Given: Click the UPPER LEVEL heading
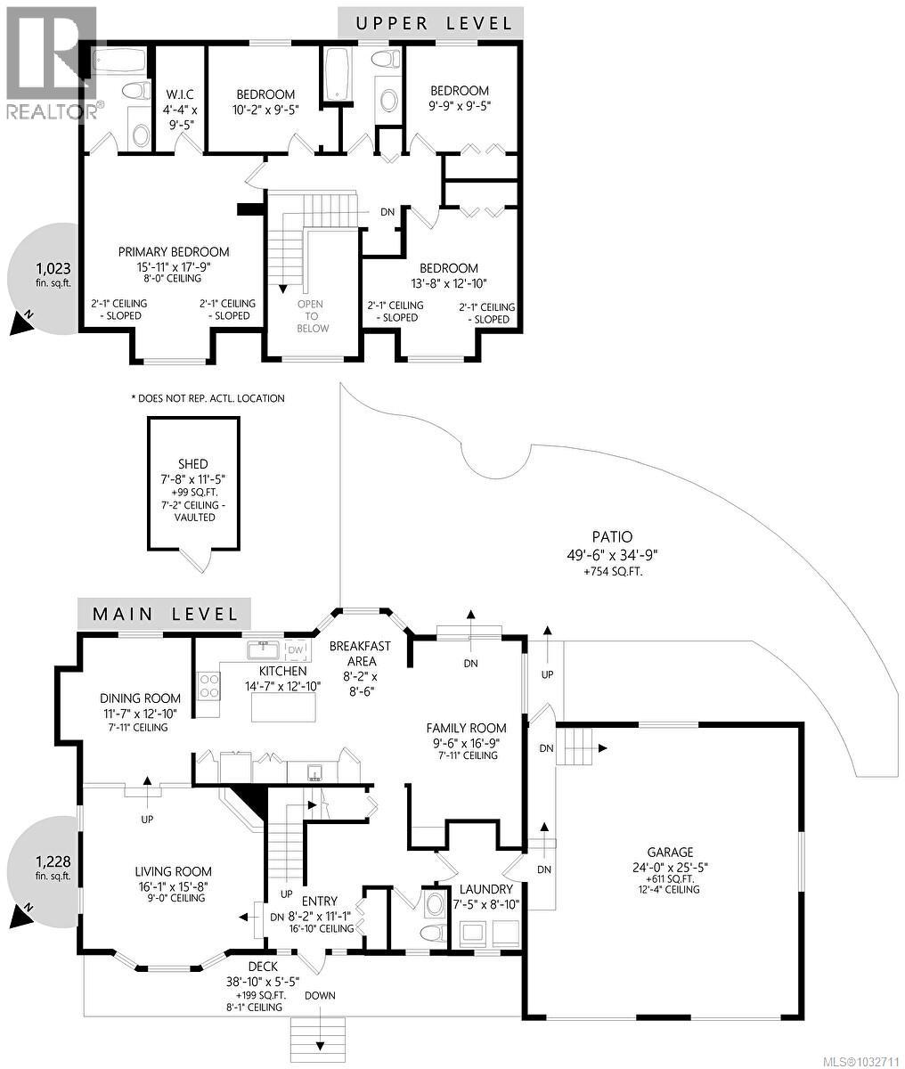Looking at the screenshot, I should tap(434, 23).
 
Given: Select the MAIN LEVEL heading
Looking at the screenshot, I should tap(165, 614).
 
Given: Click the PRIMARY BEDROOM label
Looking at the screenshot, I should tap(174, 252).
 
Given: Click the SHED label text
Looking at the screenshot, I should tap(193, 464).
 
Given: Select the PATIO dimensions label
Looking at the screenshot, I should tap(612, 553).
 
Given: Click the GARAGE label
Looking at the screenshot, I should tap(671, 852).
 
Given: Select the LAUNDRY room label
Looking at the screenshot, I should tap(485, 889).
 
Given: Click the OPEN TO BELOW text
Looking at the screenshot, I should tap(312, 316).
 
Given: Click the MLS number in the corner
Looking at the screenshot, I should tap(856, 1060).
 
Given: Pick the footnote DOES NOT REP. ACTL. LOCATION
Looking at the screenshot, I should tap(208, 398).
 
